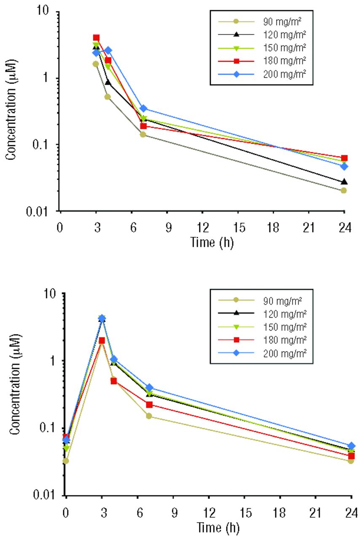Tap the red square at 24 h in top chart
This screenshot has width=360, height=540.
tap(344, 158)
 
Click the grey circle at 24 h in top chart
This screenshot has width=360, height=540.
tap(344, 190)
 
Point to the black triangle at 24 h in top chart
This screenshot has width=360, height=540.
tap(344, 182)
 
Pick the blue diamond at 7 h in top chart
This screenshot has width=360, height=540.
tap(143, 109)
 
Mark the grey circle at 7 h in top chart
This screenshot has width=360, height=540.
tap(143, 135)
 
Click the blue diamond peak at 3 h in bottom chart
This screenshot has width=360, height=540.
tap(102, 318)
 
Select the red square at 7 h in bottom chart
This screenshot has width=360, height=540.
tap(149, 405)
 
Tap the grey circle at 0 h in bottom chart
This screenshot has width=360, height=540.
tap(66, 461)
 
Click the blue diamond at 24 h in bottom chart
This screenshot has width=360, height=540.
tap(352, 446)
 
